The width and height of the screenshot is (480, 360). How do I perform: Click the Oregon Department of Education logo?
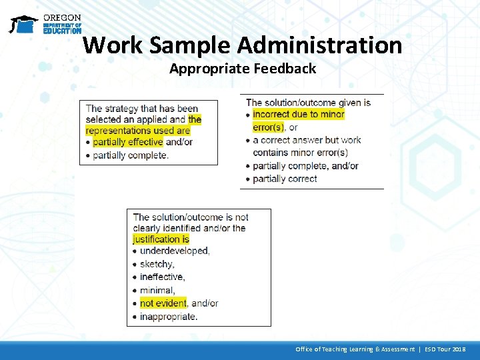(45, 24)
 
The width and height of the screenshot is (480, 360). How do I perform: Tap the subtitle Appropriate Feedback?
(243, 68)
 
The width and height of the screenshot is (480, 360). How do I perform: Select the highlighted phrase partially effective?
(127, 142)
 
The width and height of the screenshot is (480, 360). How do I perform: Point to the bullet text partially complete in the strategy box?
(131, 155)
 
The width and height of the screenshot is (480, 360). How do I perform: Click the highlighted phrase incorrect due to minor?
(299, 115)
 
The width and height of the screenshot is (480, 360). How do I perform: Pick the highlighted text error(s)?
(269, 127)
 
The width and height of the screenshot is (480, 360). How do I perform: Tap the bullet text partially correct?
(285, 179)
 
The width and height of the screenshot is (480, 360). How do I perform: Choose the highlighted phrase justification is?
(161, 239)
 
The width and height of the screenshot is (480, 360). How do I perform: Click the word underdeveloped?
(174, 251)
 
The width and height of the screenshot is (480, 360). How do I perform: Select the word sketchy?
(157, 264)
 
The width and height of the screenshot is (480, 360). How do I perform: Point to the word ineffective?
(162, 277)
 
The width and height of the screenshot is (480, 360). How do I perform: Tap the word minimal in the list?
(157, 290)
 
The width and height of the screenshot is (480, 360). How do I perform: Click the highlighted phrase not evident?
(163, 303)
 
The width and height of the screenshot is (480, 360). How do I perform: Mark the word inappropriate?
(168, 316)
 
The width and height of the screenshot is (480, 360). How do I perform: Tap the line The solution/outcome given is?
(308, 103)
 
